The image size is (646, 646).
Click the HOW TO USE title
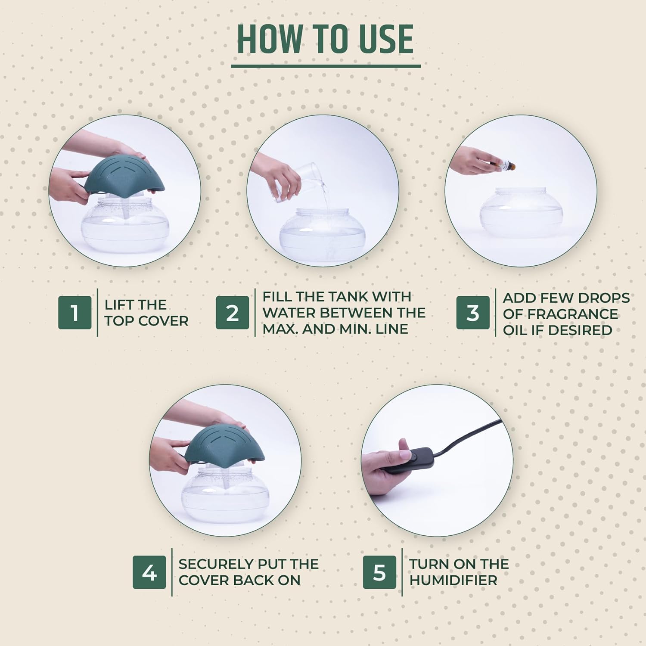(325, 39)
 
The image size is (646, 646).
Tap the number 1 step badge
(75, 313)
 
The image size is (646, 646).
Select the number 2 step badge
(232, 313)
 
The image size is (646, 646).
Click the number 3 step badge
(473, 313)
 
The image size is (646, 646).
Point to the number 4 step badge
(149, 572)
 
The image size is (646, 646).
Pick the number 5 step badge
(379, 572)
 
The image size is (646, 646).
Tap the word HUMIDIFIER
(453, 580)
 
